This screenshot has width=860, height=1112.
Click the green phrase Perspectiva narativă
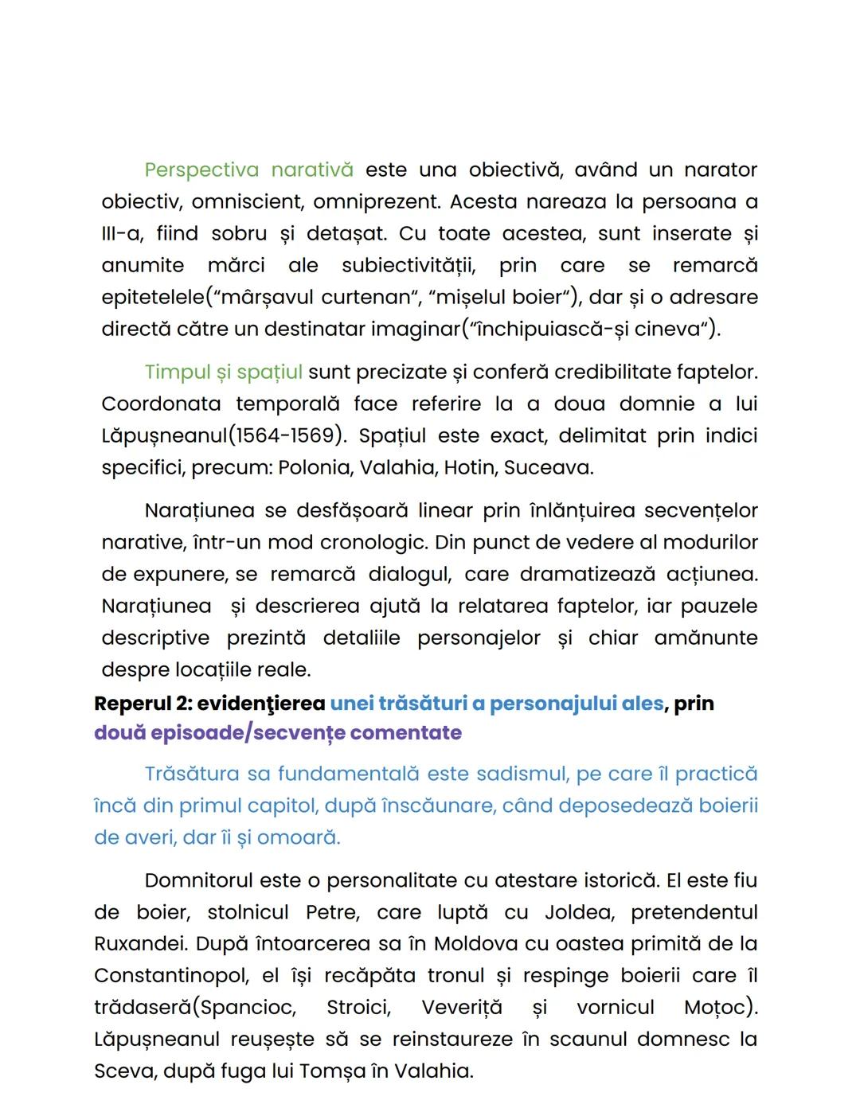coord(248,170)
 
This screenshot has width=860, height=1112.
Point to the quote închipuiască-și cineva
coord(590,330)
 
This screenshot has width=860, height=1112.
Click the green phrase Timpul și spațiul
coord(223,373)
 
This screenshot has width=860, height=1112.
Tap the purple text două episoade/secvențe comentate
coord(277,733)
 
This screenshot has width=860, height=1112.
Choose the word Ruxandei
coord(139,945)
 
